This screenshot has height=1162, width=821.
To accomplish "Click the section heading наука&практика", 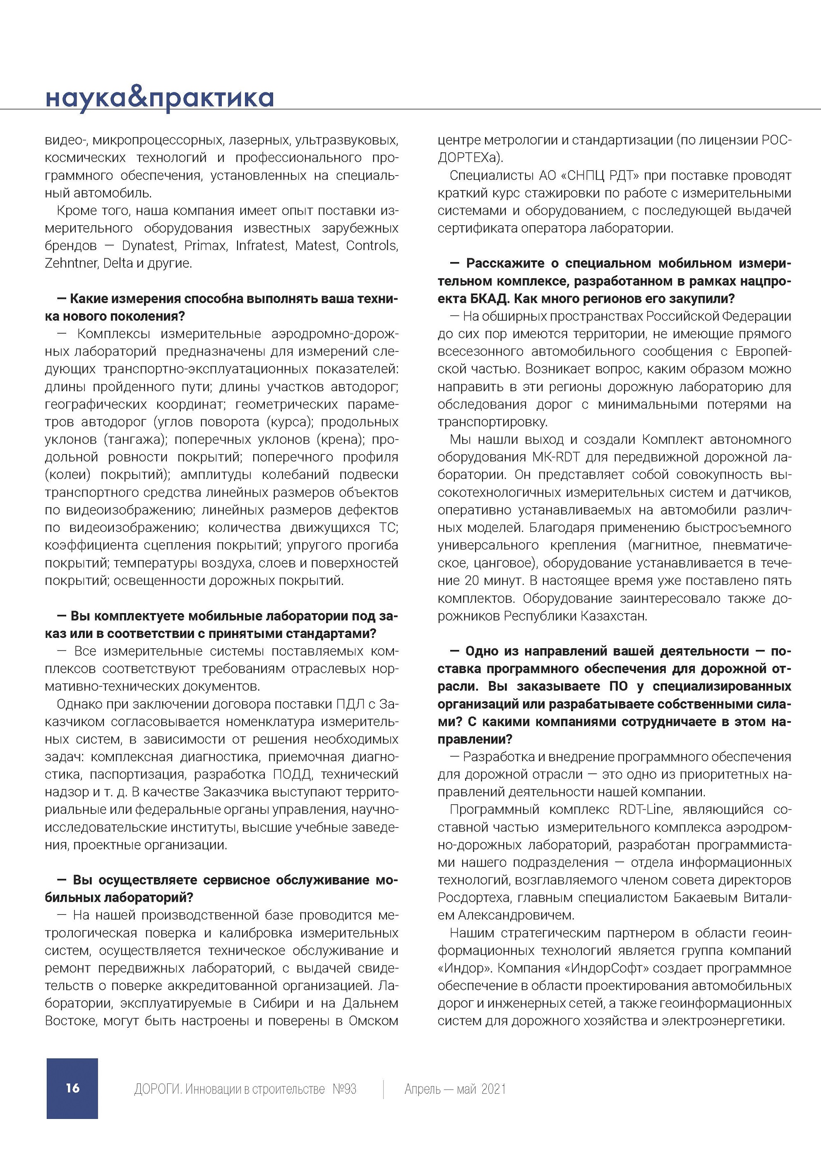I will (159, 98).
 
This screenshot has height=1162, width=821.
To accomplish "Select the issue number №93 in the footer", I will (344, 1089).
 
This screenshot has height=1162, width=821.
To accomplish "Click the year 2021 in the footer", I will (494, 1089).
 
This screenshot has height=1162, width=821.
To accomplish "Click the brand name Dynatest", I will (148, 246).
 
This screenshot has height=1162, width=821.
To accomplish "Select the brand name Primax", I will (205, 246).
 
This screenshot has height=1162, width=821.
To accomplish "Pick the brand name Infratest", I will (261, 246).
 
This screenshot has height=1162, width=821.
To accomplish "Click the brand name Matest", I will (316, 246).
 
